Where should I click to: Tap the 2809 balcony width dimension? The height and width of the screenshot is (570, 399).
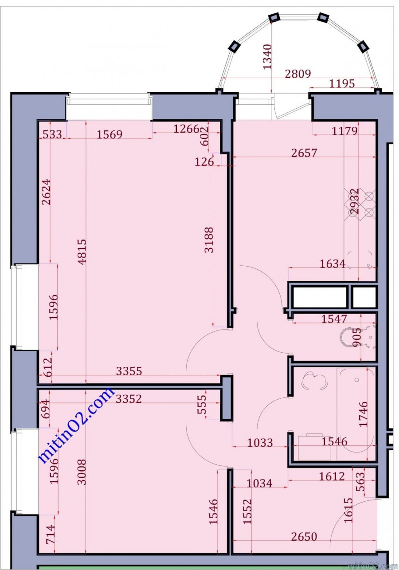[x=298, y=74]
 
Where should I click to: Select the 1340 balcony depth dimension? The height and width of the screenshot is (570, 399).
[x=267, y=56]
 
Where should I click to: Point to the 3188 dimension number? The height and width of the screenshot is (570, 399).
[x=209, y=240]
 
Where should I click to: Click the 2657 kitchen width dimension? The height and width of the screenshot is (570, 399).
[x=304, y=153]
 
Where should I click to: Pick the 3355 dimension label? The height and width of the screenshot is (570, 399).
[x=129, y=371]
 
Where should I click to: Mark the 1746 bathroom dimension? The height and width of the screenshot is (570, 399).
[x=364, y=414]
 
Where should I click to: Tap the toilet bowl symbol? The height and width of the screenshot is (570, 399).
[x=357, y=338]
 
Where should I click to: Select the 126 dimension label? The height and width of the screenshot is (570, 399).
[x=204, y=162]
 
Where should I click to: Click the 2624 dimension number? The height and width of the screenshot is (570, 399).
[x=47, y=192]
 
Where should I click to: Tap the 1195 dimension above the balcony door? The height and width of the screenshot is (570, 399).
[x=342, y=83]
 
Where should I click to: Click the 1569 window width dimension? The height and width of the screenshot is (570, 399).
[x=110, y=134]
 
